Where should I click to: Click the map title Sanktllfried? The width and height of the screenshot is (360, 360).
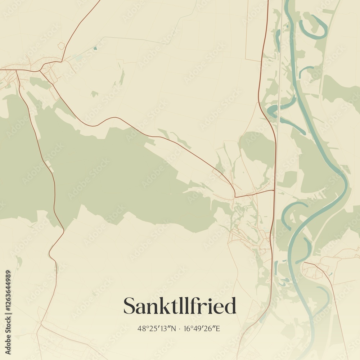(x=180, y=306)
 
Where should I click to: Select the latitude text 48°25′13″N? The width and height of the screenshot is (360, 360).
(x=157, y=328)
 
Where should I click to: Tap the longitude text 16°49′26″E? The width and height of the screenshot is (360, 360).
(x=202, y=328)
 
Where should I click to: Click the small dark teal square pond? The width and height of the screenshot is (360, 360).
(x=95, y=48)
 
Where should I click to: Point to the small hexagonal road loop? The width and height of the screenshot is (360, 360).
(x=61, y=45)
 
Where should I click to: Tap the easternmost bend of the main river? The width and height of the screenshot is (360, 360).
(x=347, y=182)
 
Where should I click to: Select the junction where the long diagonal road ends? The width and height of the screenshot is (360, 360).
(x=235, y=196)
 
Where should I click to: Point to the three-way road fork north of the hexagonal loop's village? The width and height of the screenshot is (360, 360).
(x=42, y=68)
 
